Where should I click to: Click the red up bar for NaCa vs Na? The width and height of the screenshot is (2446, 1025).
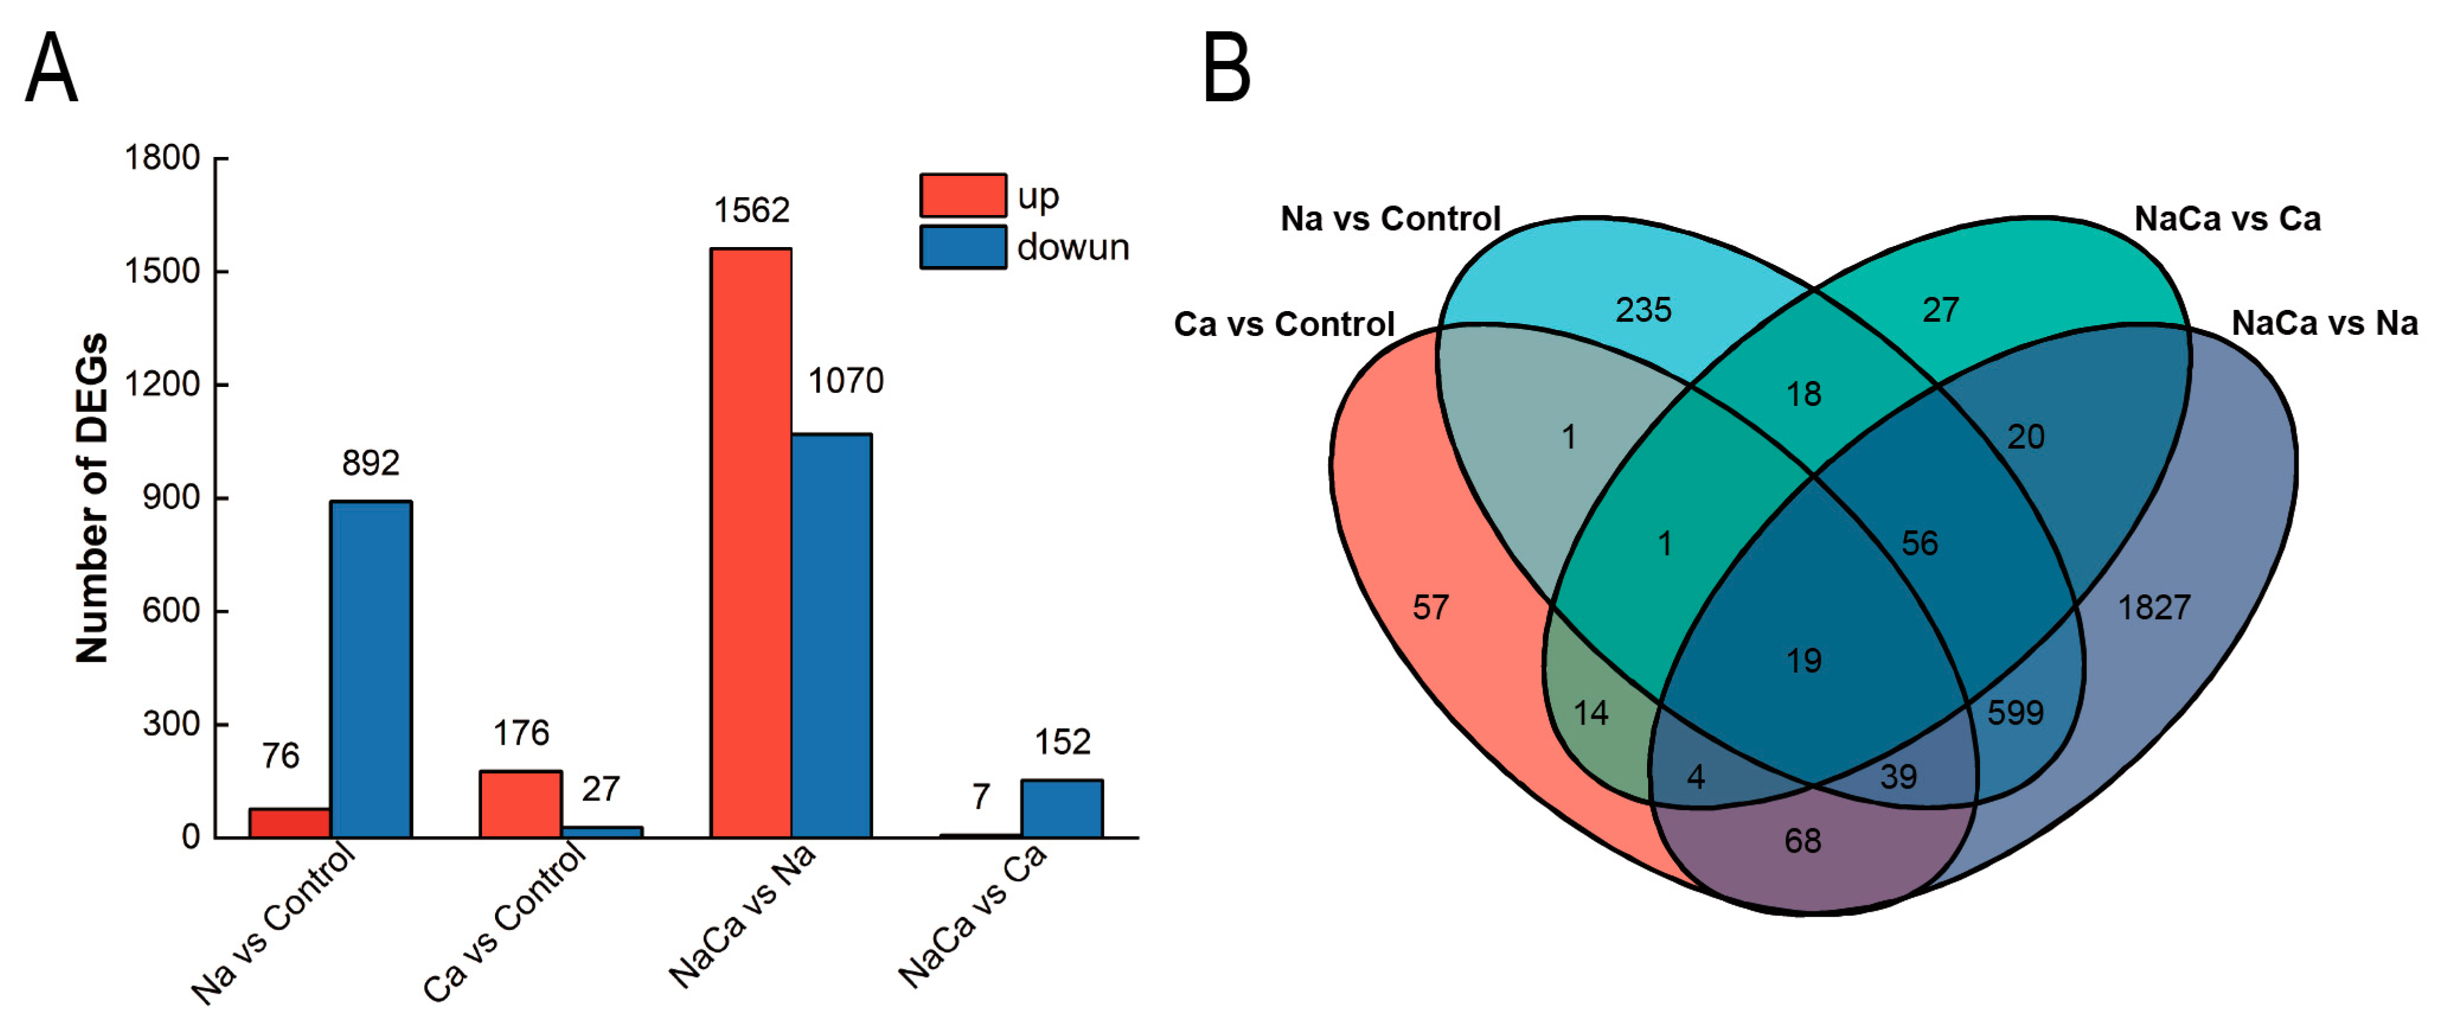(x=750, y=542)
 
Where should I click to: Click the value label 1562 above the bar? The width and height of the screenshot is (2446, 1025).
(x=751, y=210)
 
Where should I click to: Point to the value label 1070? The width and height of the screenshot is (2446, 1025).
(x=845, y=381)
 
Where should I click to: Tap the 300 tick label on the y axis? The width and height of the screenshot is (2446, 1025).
(x=172, y=724)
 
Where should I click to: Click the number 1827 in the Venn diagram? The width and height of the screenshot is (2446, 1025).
(x=2153, y=607)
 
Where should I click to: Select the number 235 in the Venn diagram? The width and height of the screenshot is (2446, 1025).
(x=1643, y=310)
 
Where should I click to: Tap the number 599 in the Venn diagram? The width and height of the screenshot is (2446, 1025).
(x=2015, y=713)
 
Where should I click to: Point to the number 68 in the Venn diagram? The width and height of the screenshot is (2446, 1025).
(x=1802, y=841)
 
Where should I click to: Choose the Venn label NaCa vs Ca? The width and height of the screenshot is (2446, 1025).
(x=2227, y=219)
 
